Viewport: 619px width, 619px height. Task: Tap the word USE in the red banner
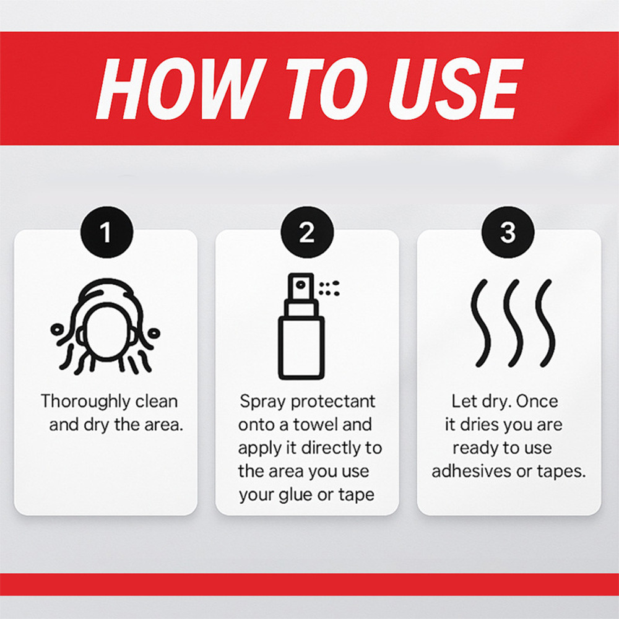[456, 89]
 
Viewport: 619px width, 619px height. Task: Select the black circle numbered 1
[107, 232]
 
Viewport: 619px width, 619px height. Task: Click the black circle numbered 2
[307, 232]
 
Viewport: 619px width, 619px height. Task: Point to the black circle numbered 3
[508, 232]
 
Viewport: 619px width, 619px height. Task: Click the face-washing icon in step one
[105, 326]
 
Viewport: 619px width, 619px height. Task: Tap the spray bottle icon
[301, 326]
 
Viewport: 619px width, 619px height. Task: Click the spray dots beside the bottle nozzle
[329, 288]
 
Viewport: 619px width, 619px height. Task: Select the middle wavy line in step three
[513, 323]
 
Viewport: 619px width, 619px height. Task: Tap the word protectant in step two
[333, 402]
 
